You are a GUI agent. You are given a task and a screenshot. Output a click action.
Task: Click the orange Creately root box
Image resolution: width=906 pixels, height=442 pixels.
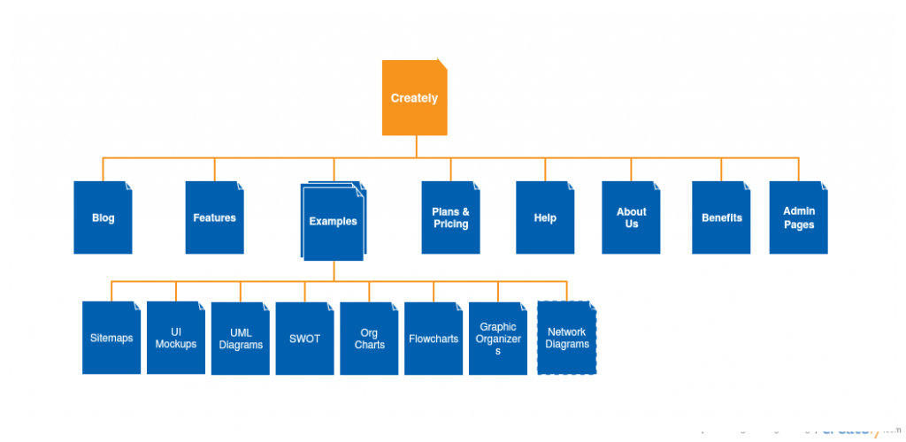tap(414, 98)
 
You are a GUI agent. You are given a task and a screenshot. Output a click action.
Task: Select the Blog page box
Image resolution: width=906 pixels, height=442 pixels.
tap(103, 217)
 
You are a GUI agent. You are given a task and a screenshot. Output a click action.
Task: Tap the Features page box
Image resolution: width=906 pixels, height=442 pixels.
tap(214, 217)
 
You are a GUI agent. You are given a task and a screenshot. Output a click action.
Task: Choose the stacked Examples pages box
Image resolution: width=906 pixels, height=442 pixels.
tap(333, 222)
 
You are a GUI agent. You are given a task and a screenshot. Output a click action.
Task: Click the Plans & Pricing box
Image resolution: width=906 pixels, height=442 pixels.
tap(450, 217)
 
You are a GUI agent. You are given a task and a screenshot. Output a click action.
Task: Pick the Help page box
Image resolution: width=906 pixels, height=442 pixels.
tap(545, 217)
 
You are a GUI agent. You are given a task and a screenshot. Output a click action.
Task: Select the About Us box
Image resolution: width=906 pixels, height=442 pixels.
tap(631, 217)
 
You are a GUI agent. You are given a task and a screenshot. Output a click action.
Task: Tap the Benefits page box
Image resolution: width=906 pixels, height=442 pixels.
tap(721, 217)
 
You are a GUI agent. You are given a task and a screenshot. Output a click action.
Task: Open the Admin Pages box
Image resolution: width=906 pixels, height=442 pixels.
tap(798, 217)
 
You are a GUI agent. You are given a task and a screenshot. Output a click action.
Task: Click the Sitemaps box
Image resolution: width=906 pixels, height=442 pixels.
tap(111, 338)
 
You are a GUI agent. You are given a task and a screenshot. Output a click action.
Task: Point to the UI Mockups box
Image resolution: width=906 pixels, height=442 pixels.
tap(176, 338)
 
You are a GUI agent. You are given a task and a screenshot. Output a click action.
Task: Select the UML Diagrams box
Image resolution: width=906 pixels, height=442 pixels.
tap(241, 339)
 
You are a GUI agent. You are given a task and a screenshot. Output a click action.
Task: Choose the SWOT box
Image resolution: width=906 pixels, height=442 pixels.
tap(304, 339)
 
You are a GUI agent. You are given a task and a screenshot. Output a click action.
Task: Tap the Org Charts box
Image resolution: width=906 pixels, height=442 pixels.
tap(369, 339)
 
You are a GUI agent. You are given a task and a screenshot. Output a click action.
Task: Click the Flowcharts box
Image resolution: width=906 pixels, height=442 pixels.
tap(434, 339)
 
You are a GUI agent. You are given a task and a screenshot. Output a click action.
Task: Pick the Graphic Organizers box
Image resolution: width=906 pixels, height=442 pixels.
tap(498, 339)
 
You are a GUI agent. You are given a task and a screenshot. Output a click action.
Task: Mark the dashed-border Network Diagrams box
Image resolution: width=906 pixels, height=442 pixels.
tap(566, 339)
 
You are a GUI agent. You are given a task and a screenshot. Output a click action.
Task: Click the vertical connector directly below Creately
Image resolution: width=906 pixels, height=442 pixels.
tap(416, 147)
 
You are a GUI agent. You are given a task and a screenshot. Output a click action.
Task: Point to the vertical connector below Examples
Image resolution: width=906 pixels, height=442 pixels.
tap(334, 271)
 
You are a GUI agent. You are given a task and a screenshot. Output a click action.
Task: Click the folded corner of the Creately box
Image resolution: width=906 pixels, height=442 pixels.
tap(441, 65)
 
